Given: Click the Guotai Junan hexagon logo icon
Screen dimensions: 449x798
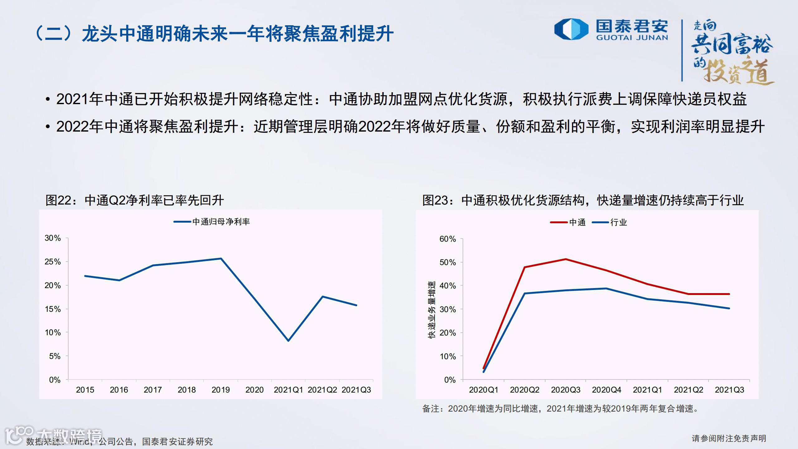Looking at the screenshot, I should (x=571, y=29).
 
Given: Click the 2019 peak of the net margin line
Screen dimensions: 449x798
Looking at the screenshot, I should (x=221, y=258).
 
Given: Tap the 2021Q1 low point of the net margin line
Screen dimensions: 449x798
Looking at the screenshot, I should (x=288, y=341).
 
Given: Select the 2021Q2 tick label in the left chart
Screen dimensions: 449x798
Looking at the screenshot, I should (x=322, y=390).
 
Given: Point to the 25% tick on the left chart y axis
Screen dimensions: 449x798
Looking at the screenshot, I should (x=53, y=262).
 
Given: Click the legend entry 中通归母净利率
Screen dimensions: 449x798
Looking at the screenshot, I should (x=212, y=222).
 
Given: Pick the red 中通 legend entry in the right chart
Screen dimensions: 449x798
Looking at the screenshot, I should (x=568, y=222).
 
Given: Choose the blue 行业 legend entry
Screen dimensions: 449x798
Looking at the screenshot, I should (x=609, y=222).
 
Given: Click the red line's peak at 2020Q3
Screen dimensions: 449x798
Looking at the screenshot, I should (x=565, y=259).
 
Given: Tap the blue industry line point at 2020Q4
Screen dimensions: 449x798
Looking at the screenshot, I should (x=606, y=288).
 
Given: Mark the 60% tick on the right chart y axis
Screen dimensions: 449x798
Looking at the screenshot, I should (x=448, y=239).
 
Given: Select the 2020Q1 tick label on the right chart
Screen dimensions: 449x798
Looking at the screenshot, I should (x=483, y=390).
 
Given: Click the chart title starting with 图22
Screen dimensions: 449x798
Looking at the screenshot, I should (x=135, y=200).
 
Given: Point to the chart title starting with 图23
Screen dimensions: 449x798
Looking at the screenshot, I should (x=583, y=200).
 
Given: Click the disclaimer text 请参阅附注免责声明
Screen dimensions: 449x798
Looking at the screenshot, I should (x=729, y=438).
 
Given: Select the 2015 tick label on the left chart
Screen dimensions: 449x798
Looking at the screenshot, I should (x=85, y=390).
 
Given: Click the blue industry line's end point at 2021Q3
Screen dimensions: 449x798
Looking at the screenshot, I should (x=729, y=308).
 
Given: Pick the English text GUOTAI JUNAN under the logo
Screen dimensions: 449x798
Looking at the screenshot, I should (x=632, y=38).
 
